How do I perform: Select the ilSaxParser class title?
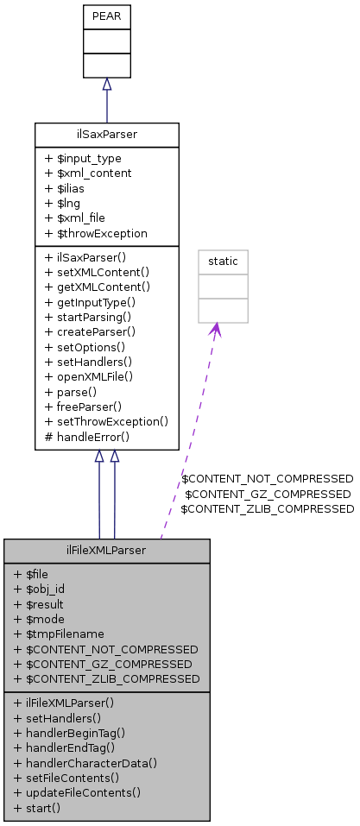pyautogui.click(x=107, y=136)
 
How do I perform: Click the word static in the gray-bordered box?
pyautogui.click(x=223, y=262)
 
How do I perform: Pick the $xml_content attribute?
pyautogui.click(x=88, y=173)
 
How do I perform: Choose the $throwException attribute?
pyautogui.click(x=96, y=233)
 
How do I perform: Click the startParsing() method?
pyautogui.click(x=92, y=317)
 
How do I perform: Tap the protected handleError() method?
pyautogui.click(x=87, y=437)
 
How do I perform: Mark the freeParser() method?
pyautogui.click(x=89, y=407)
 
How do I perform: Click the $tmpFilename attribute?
pyautogui.click(x=59, y=634)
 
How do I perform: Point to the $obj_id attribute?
pyautogui.click(x=40, y=590)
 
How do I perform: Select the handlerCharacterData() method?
pyautogui.click(x=86, y=763)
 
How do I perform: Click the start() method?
pyautogui.click(x=37, y=808)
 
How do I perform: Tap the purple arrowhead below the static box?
pyautogui.click(x=215, y=331)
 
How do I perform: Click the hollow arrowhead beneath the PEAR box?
pyautogui.click(x=107, y=84)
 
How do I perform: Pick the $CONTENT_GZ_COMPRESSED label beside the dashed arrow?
pyautogui.click(x=268, y=494)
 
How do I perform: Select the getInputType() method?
pyautogui.click(x=91, y=302)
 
